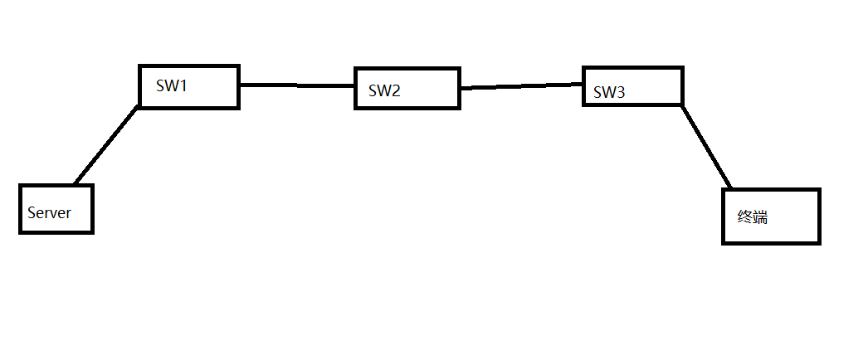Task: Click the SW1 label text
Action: click(x=171, y=85)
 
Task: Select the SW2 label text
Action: click(x=384, y=90)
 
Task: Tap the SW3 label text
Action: click(x=609, y=92)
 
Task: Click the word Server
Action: click(x=49, y=213)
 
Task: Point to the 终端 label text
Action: click(x=753, y=216)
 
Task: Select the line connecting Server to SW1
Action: click(x=105, y=145)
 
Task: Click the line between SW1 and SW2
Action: click(x=297, y=85)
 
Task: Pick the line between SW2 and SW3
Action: click(x=521, y=85)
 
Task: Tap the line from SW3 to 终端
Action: click(x=707, y=147)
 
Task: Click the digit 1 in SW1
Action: click(x=182, y=85)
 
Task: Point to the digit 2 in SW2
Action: click(x=395, y=90)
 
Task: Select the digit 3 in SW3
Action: click(x=620, y=92)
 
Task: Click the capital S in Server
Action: click(x=32, y=213)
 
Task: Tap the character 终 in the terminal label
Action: click(x=745, y=216)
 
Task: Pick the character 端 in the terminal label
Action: click(x=761, y=216)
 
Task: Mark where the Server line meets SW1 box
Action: click(x=138, y=106)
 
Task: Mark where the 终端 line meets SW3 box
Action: click(x=683, y=105)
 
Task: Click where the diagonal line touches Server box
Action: click(x=75, y=184)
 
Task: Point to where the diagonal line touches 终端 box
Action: click(x=731, y=188)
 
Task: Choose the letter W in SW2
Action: click(x=383, y=90)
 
